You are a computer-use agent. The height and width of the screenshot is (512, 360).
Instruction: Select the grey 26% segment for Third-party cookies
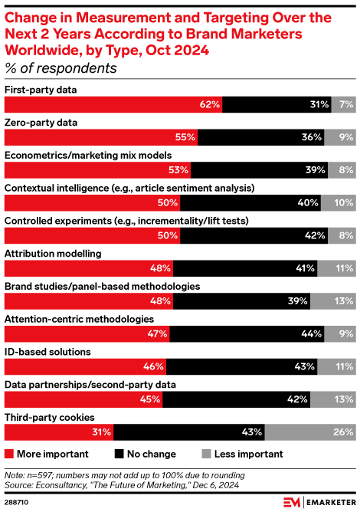[x=309, y=433]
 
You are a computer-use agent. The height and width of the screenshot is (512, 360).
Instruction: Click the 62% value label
[x=210, y=103]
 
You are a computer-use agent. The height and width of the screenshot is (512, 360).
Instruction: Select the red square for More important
[x=9, y=454]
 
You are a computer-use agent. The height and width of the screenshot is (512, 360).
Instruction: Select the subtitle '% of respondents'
[x=61, y=68]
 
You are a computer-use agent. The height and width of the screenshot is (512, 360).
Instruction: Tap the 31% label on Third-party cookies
[x=101, y=433]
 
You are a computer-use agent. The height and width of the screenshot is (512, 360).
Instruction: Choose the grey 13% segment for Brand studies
[x=332, y=301]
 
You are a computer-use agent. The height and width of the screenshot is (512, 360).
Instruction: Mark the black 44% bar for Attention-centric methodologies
[x=247, y=334]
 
